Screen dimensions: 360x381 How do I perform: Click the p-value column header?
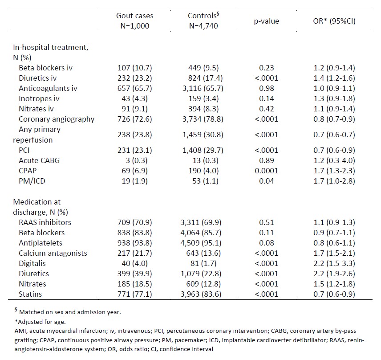point(267,21)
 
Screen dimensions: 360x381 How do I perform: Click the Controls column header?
point(203,21)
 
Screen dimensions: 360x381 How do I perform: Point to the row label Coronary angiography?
point(57,119)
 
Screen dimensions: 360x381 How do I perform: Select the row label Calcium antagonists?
point(53,253)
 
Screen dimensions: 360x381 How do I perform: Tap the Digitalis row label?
point(34,263)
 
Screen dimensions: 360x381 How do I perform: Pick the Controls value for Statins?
point(203,294)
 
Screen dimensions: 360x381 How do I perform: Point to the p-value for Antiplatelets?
point(267,243)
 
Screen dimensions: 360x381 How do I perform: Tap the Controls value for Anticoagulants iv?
point(203,88)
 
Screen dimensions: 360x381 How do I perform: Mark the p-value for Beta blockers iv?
point(267,68)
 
